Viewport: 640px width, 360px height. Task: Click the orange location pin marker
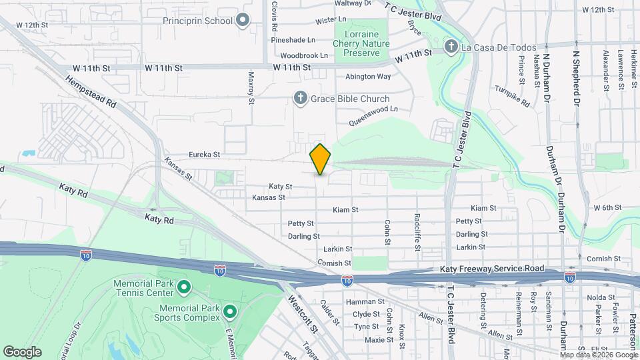[x=321, y=159]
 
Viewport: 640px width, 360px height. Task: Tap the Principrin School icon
[x=243, y=21]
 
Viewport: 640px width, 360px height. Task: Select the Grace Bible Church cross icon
[x=300, y=99]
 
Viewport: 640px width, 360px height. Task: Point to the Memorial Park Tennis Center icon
[x=184, y=288]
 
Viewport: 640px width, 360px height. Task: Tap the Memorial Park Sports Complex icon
[x=230, y=311]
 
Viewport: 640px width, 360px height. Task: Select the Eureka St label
[x=203, y=154]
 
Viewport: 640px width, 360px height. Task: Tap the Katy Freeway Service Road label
[x=492, y=269]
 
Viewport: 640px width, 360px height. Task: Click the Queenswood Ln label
[x=374, y=115]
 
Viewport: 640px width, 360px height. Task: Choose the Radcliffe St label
[x=417, y=231]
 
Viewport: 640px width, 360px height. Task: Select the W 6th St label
[x=607, y=208]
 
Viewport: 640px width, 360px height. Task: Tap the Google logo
[x=22, y=352]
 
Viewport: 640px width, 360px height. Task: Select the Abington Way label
[x=367, y=77]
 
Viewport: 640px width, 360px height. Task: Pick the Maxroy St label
[x=251, y=89]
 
